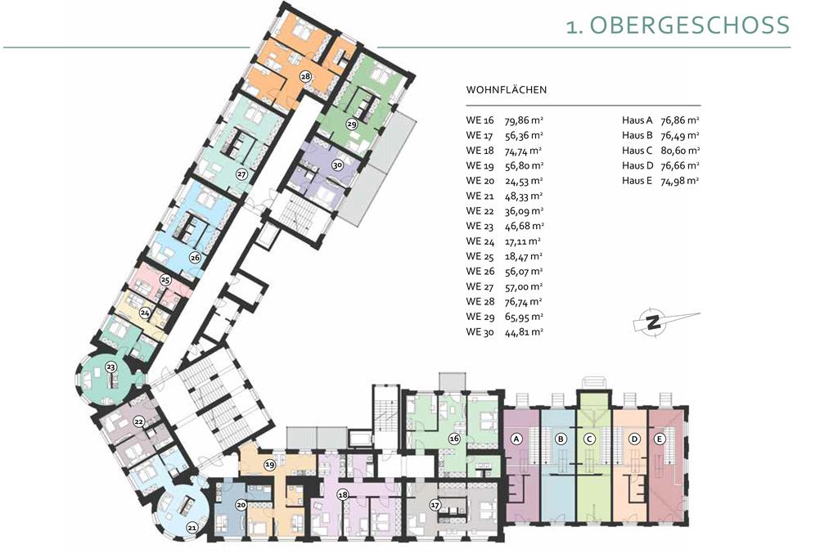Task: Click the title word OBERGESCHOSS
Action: [689, 25]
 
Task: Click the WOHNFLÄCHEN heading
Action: [506, 90]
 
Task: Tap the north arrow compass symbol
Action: [653, 322]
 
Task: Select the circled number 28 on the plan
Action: [305, 76]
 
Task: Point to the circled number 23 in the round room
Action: [110, 367]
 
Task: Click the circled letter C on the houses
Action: [589, 439]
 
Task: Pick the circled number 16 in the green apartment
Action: [454, 439]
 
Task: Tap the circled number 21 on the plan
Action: [191, 529]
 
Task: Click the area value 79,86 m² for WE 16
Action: [524, 120]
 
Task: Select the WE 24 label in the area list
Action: [480, 241]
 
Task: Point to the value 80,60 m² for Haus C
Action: [680, 151]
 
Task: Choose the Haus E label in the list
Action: [637, 181]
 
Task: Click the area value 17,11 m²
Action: [523, 241]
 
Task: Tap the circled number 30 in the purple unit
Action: [336, 165]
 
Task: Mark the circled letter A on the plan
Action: [516, 439]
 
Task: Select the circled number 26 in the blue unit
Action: [195, 258]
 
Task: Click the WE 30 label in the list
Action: [480, 331]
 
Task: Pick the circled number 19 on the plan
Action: [269, 466]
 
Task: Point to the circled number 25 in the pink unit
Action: [165, 280]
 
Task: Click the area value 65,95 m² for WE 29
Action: [524, 317]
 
